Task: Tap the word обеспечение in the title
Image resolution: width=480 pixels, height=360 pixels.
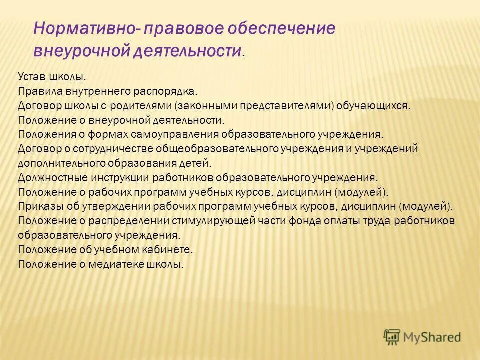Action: click(x=281, y=28)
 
